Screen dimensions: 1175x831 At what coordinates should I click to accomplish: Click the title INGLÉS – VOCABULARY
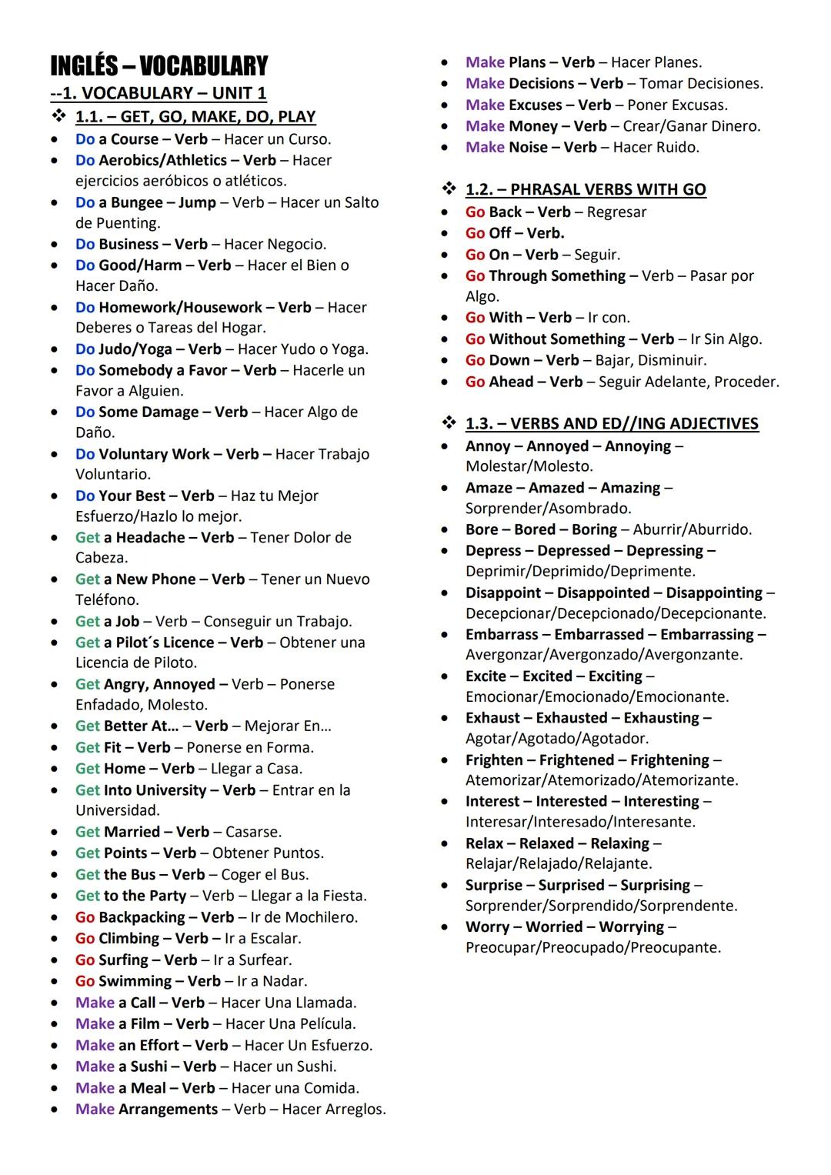(159, 66)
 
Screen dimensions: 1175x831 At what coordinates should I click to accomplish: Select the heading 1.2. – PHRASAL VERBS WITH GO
(586, 189)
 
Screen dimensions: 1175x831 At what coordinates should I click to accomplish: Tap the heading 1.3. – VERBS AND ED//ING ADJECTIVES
(612, 423)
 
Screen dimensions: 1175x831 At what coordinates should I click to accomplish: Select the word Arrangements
(168, 1109)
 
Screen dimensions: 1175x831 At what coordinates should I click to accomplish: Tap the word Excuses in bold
(536, 105)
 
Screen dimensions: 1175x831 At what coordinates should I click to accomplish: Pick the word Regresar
(616, 212)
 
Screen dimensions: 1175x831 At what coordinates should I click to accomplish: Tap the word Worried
(554, 927)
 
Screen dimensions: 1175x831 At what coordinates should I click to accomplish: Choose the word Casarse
(253, 832)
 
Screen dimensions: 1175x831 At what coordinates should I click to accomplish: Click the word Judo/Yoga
(135, 349)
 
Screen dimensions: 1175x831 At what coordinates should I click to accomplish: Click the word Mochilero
(321, 917)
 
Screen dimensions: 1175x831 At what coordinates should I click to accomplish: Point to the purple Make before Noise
(485, 147)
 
